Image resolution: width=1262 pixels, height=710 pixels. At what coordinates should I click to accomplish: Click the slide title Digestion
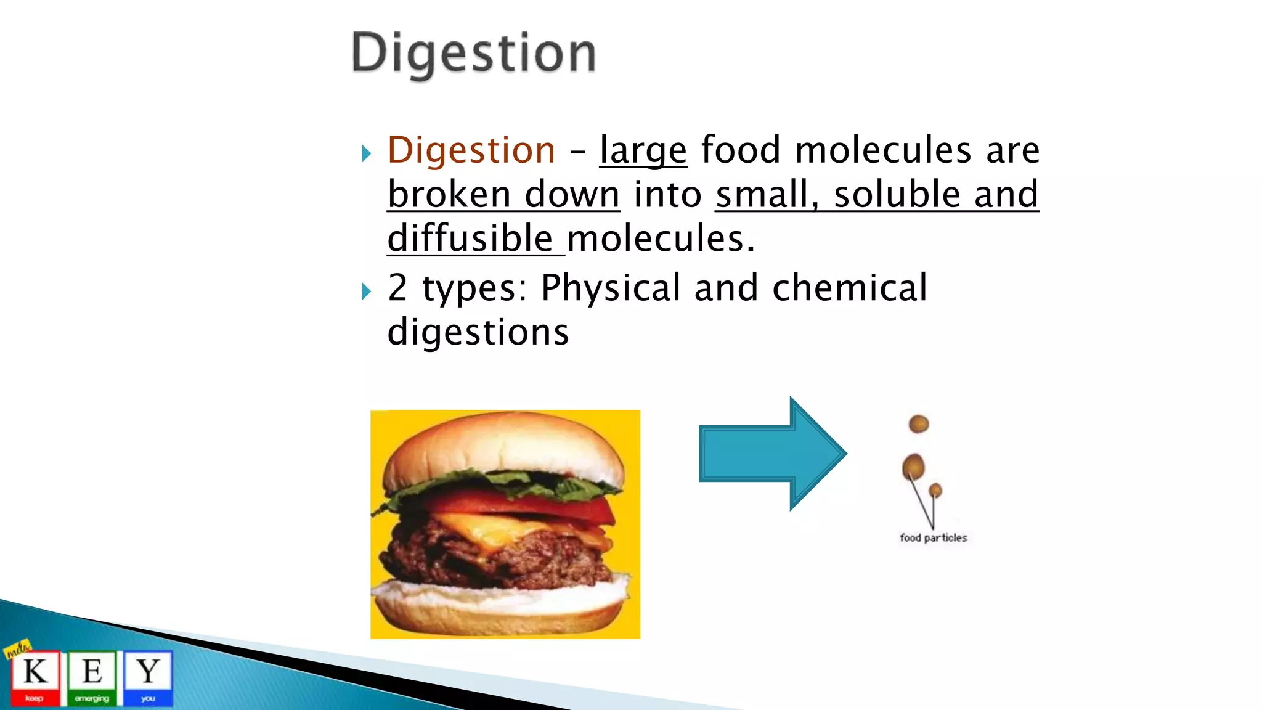[x=473, y=54]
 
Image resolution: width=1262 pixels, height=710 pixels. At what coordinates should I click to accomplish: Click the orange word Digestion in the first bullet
[x=471, y=150]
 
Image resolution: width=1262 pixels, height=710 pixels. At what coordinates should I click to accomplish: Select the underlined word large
[x=643, y=151]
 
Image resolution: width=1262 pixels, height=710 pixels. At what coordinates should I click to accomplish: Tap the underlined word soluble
[x=897, y=194]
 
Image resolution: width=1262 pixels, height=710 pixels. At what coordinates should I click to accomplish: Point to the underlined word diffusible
[x=470, y=239]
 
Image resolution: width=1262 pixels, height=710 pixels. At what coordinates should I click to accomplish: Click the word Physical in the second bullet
[x=610, y=288]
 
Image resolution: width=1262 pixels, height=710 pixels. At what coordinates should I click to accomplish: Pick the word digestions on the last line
[x=478, y=333]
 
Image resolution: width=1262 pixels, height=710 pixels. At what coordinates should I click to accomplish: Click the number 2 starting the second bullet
[x=397, y=288]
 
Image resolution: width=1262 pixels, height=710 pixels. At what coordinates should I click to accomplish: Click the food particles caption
[x=933, y=538]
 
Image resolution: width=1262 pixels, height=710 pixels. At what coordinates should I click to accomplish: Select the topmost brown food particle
[x=919, y=424]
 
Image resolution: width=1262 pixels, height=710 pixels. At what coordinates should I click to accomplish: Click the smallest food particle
[x=935, y=491]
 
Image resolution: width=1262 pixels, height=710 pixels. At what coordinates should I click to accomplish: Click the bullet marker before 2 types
[x=367, y=291]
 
